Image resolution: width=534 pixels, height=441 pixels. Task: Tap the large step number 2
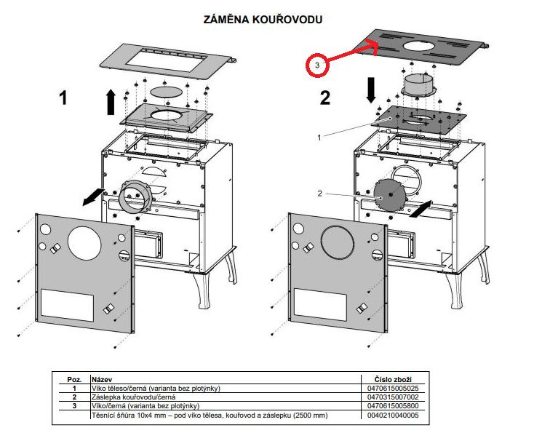click(324, 98)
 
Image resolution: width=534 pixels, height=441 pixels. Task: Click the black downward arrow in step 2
click(371, 90)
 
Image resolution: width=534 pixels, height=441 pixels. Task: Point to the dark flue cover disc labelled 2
click(390, 193)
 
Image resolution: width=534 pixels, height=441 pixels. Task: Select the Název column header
click(102, 379)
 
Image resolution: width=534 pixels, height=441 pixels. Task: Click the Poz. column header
click(73, 379)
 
